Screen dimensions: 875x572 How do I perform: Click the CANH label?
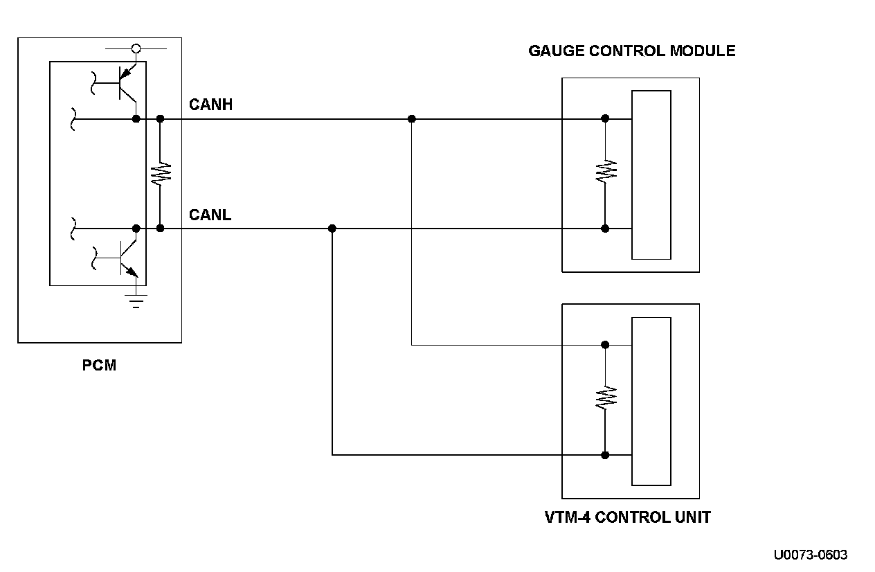coord(210,105)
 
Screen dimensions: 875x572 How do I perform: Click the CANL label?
coord(210,215)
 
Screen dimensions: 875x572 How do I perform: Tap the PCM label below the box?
coord(99,365)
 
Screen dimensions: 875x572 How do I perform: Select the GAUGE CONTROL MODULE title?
coord(631,51)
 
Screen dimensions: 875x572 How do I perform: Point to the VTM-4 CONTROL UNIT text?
coord(627,517)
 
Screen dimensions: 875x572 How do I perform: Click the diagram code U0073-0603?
coord(811,555)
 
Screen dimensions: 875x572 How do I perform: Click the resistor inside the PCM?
coord(160,174)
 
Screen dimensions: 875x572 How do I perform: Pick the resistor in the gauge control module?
coord(606,171)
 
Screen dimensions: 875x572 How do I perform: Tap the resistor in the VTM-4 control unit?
coord(606,397)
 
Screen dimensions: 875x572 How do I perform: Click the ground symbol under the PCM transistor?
coord(136,301)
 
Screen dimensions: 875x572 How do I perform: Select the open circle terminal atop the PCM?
coord(136,49)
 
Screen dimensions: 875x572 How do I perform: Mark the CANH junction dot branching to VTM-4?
coord(412,119)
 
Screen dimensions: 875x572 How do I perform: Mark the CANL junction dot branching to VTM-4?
coord(332,229)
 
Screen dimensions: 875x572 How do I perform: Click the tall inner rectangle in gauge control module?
coord(651,175)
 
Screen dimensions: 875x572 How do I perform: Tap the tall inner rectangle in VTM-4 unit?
coord(651,401)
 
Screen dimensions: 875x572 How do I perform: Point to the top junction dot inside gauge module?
coord(605,118)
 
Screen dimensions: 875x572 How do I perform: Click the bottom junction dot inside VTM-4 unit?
coord(605,455)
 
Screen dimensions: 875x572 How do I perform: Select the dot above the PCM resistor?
coord(160,119)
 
